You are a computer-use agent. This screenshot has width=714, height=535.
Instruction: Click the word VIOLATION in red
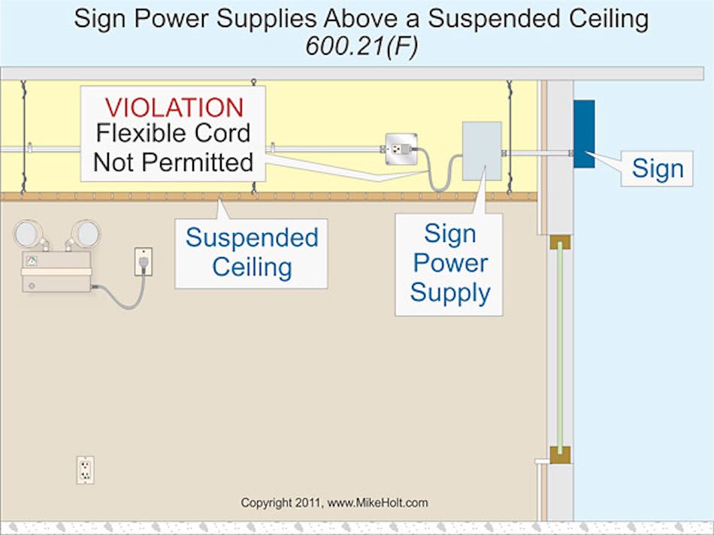click(x=174, y=107)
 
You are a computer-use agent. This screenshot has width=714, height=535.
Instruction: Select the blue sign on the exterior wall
click(x=584, y=134)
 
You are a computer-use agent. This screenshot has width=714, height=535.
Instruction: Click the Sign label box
click(x=657, y=168)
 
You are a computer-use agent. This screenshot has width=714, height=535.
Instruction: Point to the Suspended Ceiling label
click(x=252, y=252)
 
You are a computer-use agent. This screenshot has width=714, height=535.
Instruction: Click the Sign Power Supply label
click(x=449, y=264)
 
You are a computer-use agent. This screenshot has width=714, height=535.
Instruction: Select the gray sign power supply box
click(x=482, y=151)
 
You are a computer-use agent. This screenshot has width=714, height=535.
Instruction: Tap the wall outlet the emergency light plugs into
click(x=143, y=261)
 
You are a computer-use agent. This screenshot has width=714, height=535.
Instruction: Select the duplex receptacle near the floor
click(x=86, y=470)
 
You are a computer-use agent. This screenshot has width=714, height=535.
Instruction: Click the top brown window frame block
click(x=560, y=241)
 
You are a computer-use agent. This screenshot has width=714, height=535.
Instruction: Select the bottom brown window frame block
click(x=560, y=455)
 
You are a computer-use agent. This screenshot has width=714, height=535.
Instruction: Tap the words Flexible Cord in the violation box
click(x=173, y=134)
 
